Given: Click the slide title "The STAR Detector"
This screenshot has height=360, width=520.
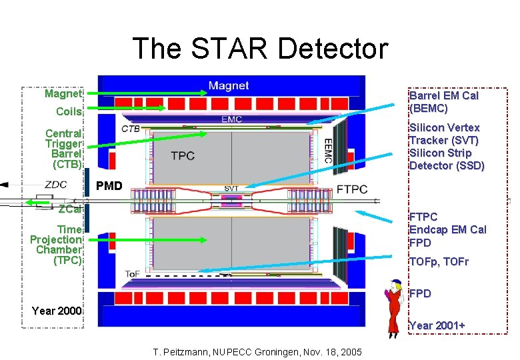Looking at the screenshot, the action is (259, 49).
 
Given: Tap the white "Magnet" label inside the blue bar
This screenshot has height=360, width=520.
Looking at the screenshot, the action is (228, 85).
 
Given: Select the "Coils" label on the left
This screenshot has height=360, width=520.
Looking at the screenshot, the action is (69, 111).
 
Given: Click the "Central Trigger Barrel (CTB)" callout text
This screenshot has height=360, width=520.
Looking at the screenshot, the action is (63, 149).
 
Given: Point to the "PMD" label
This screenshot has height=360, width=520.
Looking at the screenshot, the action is (109, 185).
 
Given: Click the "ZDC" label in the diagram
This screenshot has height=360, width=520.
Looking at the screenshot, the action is (55, 185).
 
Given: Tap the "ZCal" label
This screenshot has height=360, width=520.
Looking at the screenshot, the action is (69, 209).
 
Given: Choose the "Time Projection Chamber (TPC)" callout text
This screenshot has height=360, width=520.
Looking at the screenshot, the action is (57, 244).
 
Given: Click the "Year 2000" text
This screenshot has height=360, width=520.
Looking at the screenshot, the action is (57, 310).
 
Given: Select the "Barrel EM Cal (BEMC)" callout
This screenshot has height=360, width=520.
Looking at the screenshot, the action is (443, 102).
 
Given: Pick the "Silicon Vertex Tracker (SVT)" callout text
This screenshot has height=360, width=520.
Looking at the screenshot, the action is (444, 134).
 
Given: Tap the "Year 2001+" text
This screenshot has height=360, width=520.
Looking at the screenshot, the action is (437, 325).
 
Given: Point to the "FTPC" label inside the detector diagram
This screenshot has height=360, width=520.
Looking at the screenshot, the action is (351, 189).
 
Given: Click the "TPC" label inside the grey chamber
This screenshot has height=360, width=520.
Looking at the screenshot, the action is (182, 155).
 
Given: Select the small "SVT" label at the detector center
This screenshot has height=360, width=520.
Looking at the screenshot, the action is (231, 189).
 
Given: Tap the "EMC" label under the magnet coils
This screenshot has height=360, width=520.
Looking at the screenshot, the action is (231, 119).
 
